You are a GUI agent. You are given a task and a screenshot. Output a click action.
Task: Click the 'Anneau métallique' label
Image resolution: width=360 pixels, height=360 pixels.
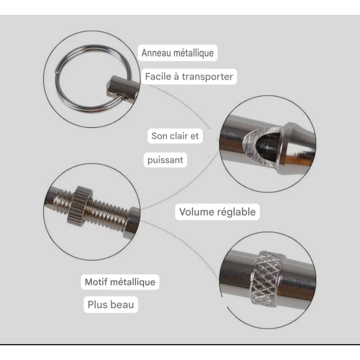click(x=177, y=53)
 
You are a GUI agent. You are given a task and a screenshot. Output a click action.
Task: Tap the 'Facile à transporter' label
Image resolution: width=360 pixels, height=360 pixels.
click(x=189, y=77)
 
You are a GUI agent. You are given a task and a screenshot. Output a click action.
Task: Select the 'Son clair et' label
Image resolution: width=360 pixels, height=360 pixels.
click(x=175, y=136)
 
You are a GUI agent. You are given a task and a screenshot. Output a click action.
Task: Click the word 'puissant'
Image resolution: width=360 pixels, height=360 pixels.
click(x=165, y=160)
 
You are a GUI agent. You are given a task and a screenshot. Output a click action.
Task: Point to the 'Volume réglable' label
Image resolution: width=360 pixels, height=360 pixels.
click(x=217, y=212)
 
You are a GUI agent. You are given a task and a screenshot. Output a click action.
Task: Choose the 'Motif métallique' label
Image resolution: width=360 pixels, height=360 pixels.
click(x=120, y=282)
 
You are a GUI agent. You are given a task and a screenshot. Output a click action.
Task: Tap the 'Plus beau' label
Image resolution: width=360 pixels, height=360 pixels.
click(x=111, y=305)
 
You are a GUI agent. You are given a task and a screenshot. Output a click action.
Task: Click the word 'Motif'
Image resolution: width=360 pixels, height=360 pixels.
click(x=96, y=282)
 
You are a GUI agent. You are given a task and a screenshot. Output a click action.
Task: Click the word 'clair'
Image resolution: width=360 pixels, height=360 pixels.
click(x=179, y=136)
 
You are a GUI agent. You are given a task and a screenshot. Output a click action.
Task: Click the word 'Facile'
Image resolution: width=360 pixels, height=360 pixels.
click(x=158, y=77)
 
